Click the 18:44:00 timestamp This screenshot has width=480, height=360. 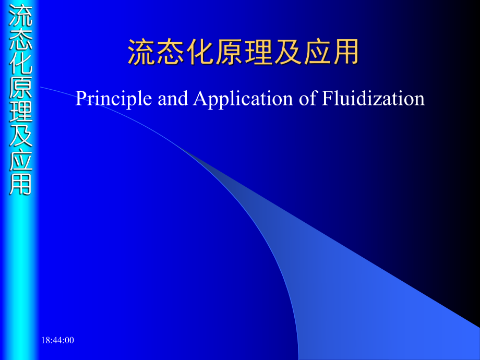click(58, 340)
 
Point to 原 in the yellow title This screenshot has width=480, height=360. click(229, 52)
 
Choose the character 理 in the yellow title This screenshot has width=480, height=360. click(258, 52)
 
